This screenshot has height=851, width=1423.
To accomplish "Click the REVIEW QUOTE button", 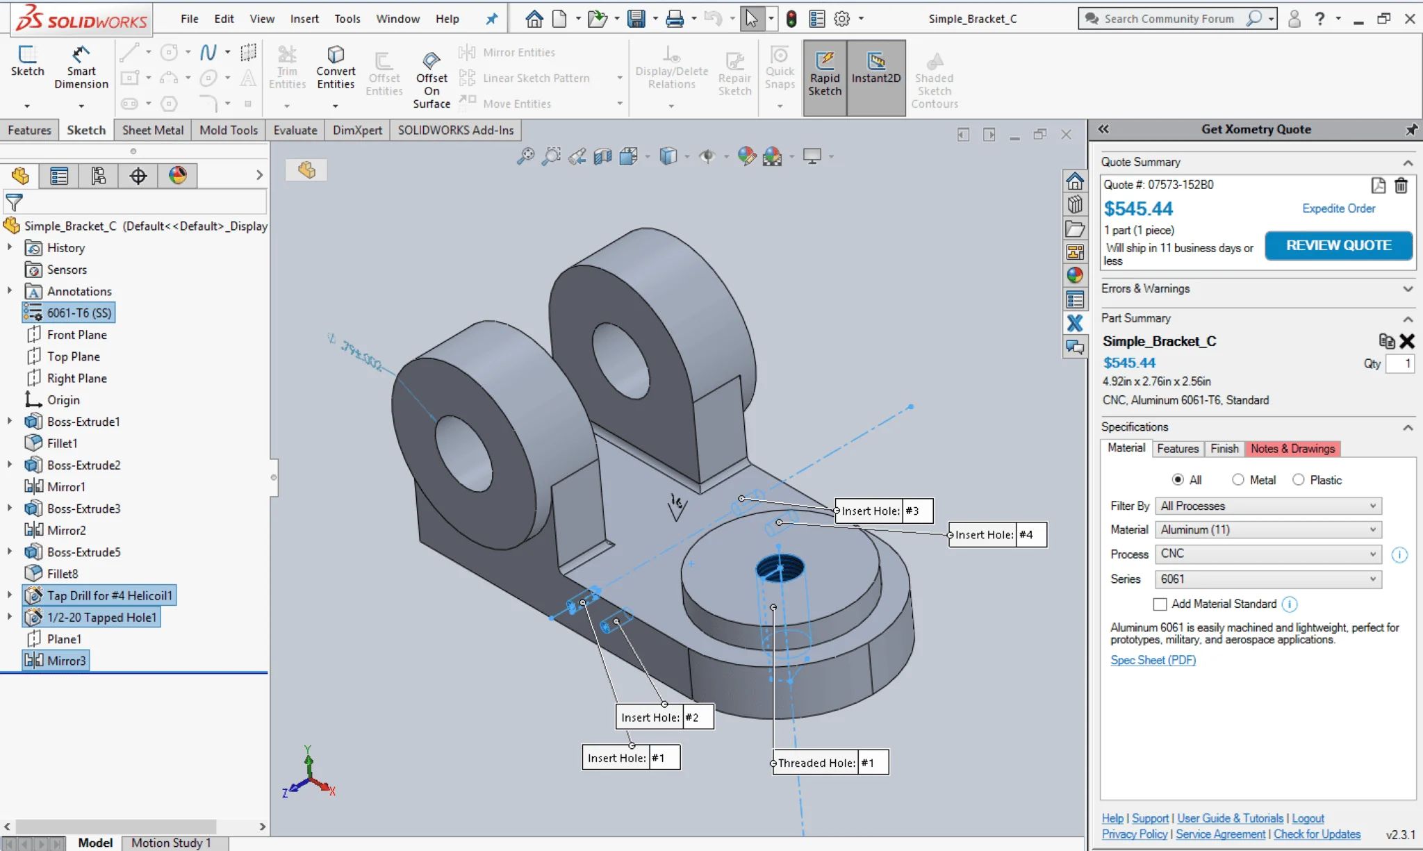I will (x=1338, y=246).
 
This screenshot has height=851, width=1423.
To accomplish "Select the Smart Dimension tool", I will (x=81, y=69).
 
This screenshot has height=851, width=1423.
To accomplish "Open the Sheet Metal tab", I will (x=153, y=130).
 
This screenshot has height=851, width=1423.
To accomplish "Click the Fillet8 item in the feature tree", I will (x=63, y=574).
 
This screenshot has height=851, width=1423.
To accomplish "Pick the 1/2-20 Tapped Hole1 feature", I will (x=101, y=618).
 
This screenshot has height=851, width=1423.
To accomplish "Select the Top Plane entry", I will (x=73, y=356).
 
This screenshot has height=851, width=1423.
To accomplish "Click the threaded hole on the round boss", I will (x=780, y=568).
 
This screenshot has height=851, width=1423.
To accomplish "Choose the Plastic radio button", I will (x=1299, y=480).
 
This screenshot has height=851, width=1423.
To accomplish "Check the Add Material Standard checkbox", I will (x=1160, y=604).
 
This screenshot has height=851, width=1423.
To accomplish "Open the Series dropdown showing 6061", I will (x=1267, y=579).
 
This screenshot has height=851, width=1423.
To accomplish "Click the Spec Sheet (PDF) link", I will (x=1153, y=660).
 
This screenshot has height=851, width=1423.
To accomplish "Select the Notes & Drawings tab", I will (x=1292, y=449).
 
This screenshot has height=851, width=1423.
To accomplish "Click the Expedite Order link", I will (x=1338, y=208).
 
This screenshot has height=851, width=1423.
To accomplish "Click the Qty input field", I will (x=1399, y=363).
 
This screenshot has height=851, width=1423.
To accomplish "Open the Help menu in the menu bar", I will (x=447, y=19).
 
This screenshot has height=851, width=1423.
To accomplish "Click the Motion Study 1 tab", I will (x=171, y=843).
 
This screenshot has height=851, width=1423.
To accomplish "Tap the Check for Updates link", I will (x=1317, y=834).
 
